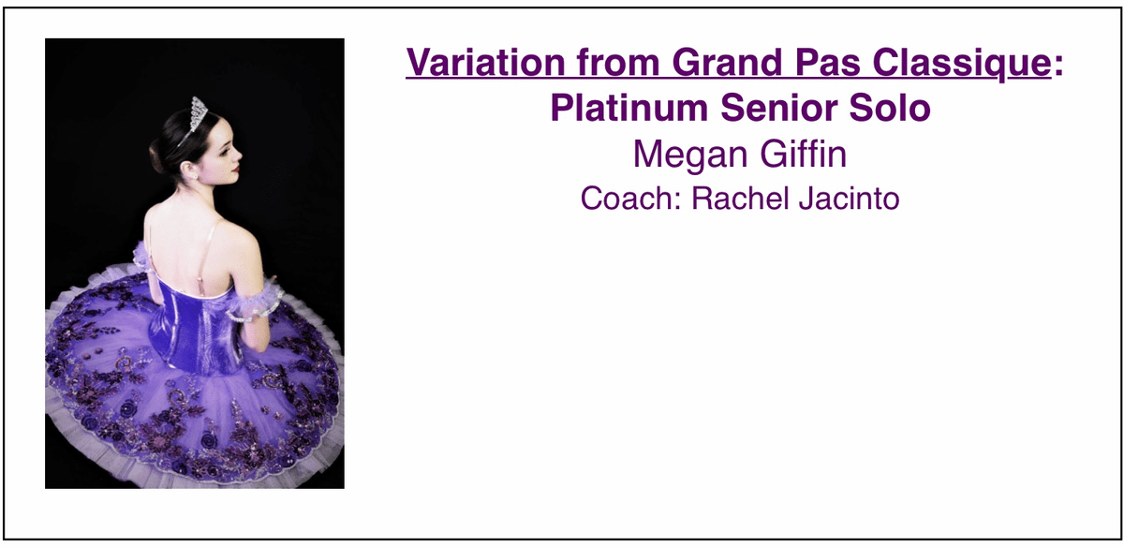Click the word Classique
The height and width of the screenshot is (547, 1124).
[962, 64]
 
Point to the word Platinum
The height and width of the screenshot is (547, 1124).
[629, 108]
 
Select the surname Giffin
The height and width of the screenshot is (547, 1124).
[804, 154]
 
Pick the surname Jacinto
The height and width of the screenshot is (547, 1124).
[849, 199]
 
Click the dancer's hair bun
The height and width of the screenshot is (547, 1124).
[157, 156]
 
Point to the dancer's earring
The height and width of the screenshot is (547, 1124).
[195, 176]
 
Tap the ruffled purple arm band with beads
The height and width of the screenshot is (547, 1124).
[255, 301]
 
